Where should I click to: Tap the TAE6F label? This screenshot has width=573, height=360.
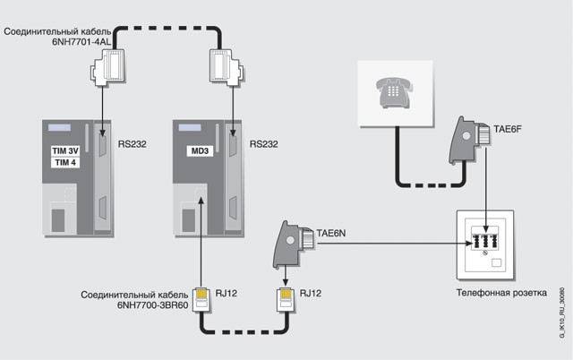[x=507, y=130]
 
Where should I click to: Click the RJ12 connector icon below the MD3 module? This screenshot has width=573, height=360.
[x=203, y=296]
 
